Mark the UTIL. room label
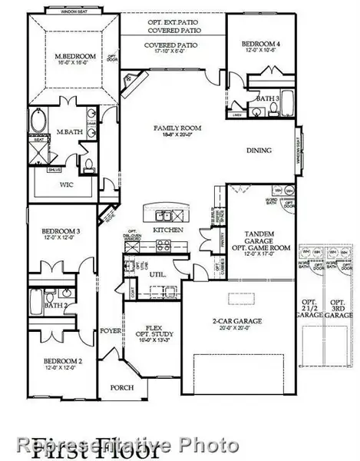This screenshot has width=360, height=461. click(157, 273)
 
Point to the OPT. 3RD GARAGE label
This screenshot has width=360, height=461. click(338, 308)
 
